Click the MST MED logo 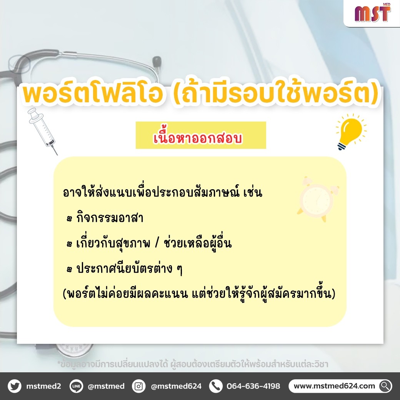point(372,13)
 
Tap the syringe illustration point(43,131)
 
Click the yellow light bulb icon point(351,132)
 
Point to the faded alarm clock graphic point(318,199)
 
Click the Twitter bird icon point(15,386)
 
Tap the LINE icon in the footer point(76,386)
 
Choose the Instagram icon point(138,386)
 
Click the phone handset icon point(216,386)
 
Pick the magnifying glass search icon point(385,386)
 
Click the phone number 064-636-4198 point(253,386)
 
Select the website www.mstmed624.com point(334,386)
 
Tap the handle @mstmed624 point(176,386)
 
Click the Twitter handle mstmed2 point(43,386)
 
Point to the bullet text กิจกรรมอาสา point(110,218)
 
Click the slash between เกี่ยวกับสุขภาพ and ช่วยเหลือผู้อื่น point(157,243)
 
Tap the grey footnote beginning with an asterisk point(193,363)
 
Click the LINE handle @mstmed point(106,386)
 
